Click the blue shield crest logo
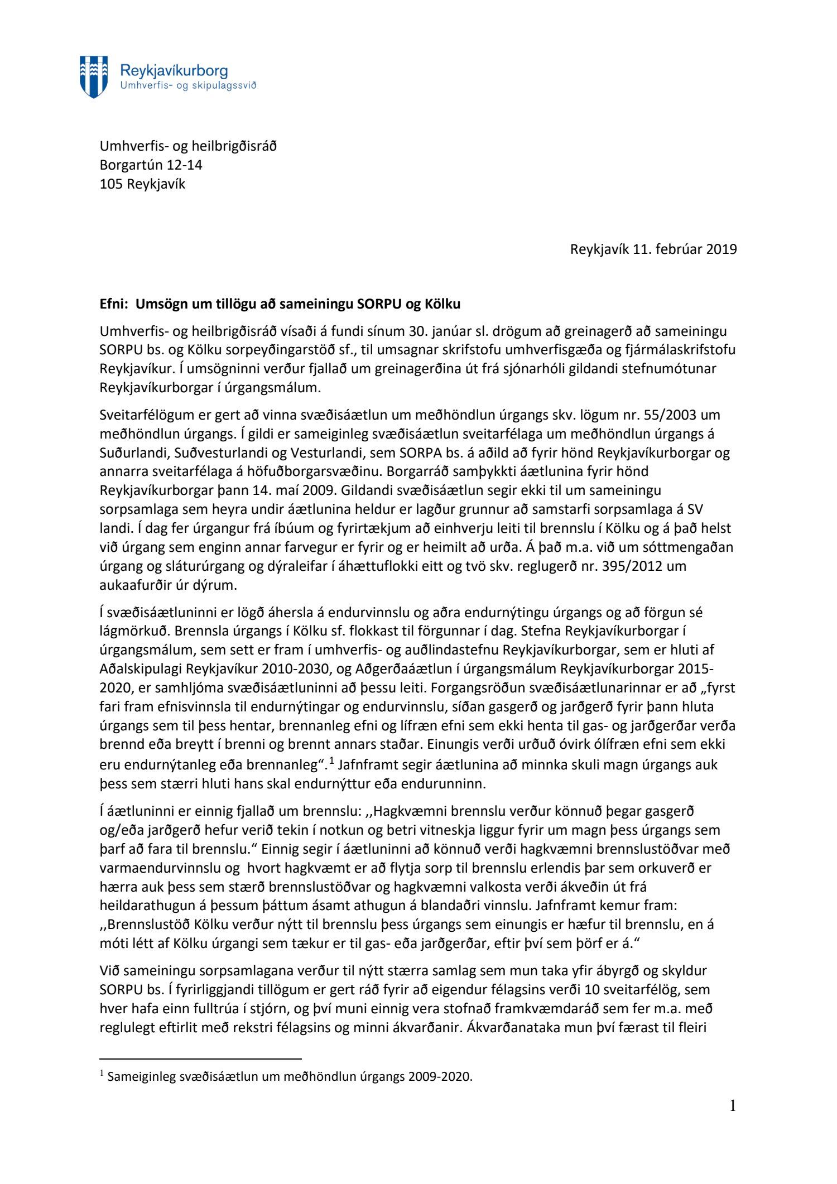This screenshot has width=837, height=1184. pos(94,76)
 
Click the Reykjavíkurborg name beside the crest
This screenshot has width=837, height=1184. pos(174,71)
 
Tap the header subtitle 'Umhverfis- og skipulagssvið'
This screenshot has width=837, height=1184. pos(188,85)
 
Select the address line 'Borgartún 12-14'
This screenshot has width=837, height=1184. pos(151,165)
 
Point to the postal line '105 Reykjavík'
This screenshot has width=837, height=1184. pos(142,184)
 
